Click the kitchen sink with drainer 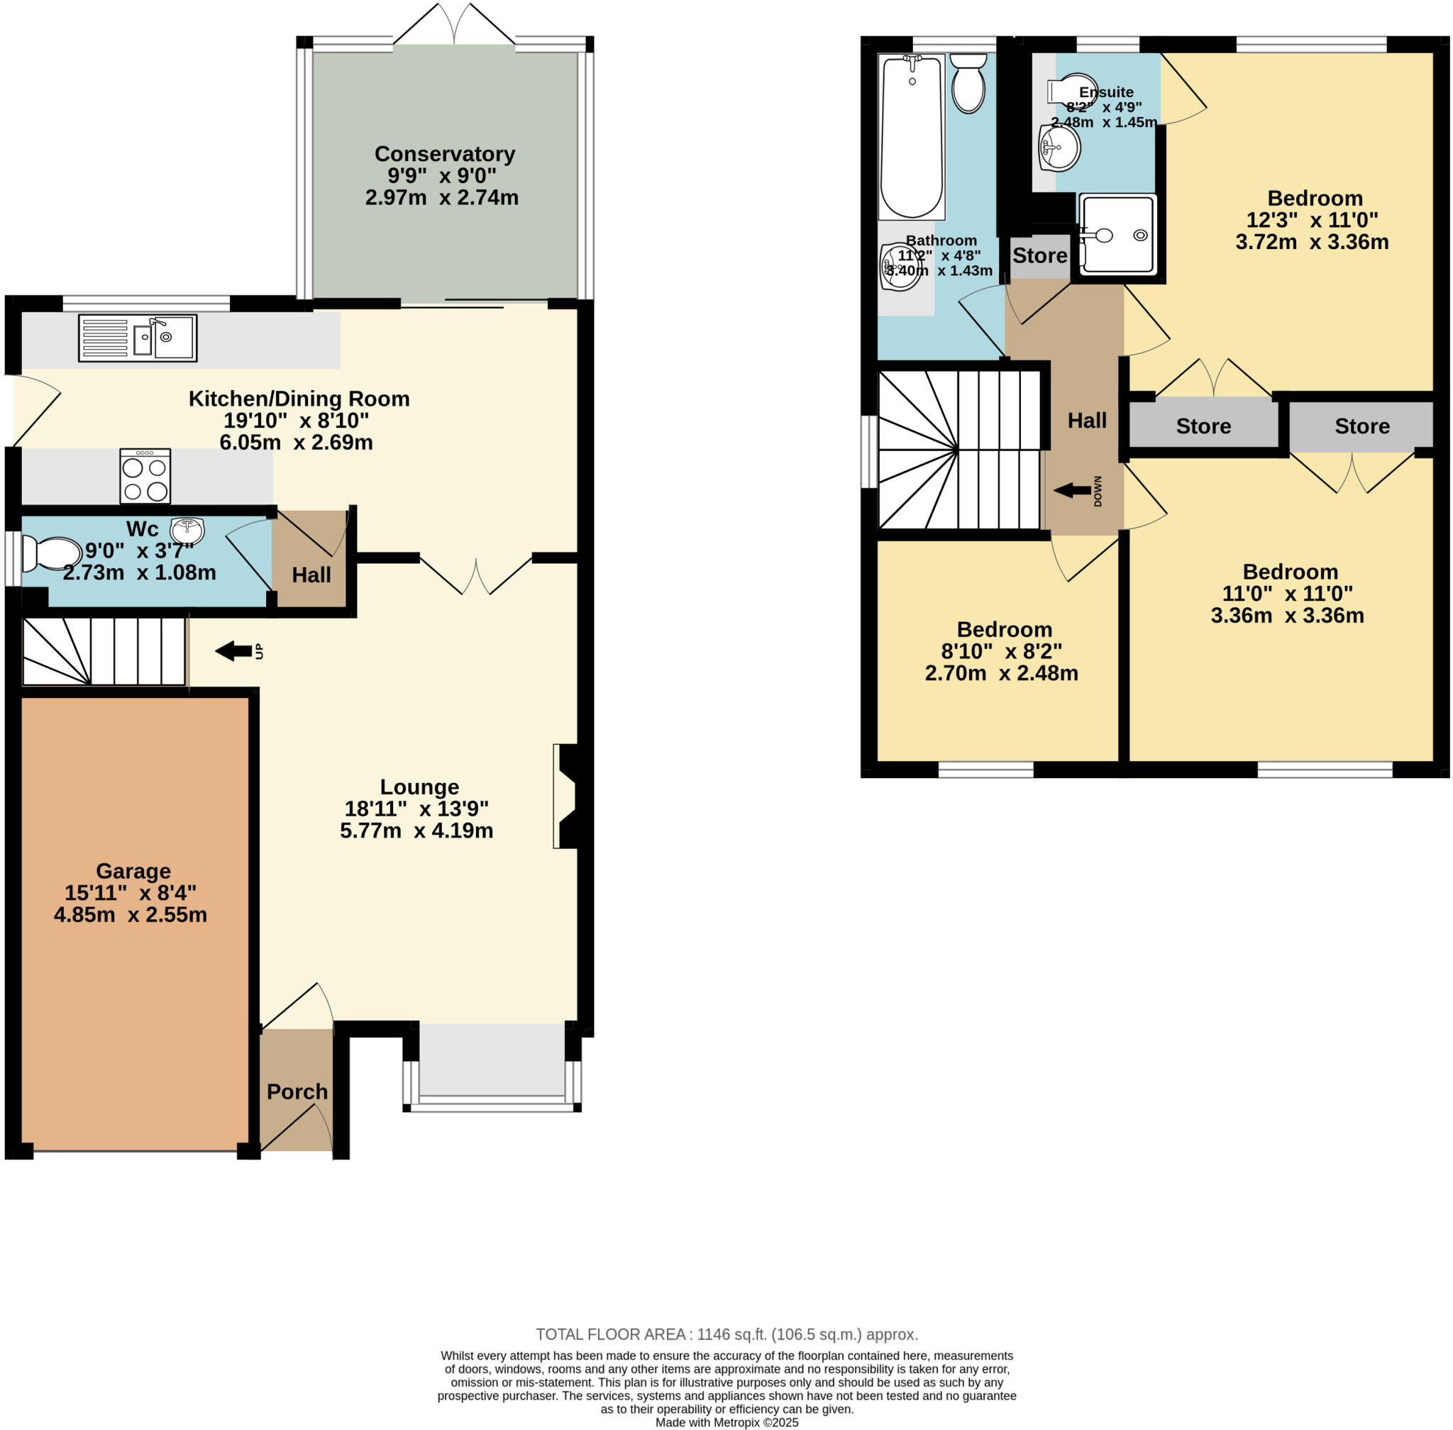pyautogui.click(x=138, y=338)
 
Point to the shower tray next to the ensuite pyautogui.click(x=1117, y=233)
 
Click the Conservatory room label pyautogui.click(x=445, y=154)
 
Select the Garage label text pyautogui.click(x=133, y=871)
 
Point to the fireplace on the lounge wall pyautogui.click(x=569, y=796)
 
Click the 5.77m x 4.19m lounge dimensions pyautogui.click(x=416, y=831)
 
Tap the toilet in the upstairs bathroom pyautogui.click(x=968, y=84)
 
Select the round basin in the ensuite pyautogui.click(x=1059, y=148)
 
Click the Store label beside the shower pyautogui.click(x=1039, y=256)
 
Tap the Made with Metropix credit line pyautogui.click(x=726, y=1422)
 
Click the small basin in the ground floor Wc pyautogui.click(x=187, y=529)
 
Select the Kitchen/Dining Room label pyautogui.click(x=299, y=399)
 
